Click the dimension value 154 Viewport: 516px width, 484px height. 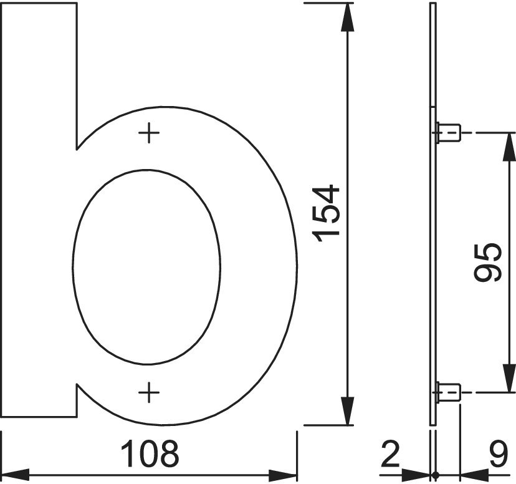pos(328,213)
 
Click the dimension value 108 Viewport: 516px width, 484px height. pos(150,453)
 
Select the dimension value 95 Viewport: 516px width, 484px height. pos(488,262)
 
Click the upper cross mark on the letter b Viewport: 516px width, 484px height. pos(149,133)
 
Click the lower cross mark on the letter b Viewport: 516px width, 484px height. pos(149,392)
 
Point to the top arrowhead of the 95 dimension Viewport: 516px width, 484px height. pos(504,145)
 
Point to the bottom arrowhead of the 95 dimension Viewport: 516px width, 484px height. pos(504,380)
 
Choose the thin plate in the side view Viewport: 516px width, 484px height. pos(433,249)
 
